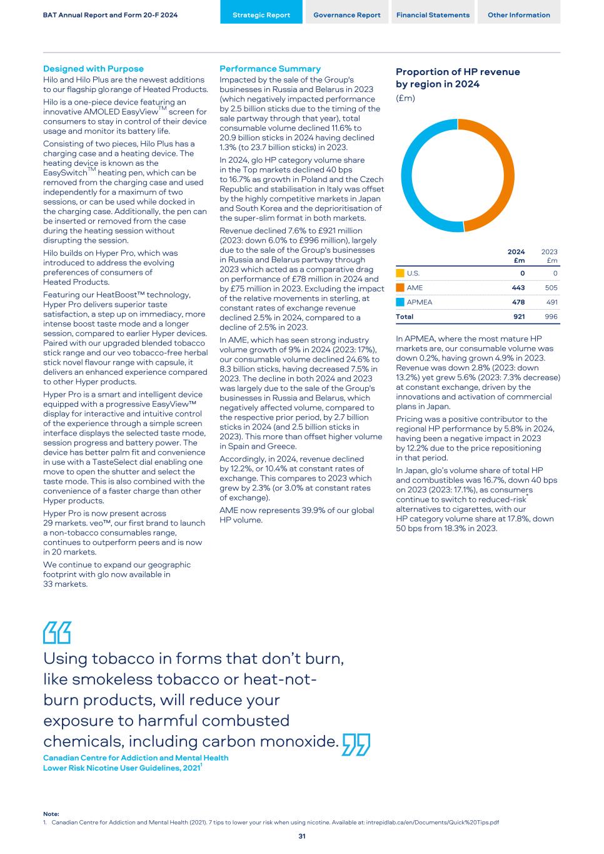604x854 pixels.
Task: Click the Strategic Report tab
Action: click(x=261, y=15)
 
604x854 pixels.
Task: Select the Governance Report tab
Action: click(x=346, y=15)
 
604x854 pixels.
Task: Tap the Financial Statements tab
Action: click(x=433, y=15)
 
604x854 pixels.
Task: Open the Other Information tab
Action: click(x=518, y=15)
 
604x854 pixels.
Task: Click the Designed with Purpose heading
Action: click(x=93, y=69)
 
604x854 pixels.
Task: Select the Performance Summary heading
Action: click(x=270, y=69)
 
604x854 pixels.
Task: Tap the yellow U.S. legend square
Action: click(x=400, y=273)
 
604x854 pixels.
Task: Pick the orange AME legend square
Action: click(x=400, y=288)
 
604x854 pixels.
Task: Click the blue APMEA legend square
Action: click(x=400, y=302)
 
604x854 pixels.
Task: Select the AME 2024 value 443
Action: click(x=518, y=288)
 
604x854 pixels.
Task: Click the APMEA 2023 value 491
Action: click(x=551, y=302)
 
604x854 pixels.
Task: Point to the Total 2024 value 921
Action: click(x=519, y=317)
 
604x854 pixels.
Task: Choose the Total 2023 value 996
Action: click(x=551, y=317)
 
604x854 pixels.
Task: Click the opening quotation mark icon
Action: click(x=57, y=633)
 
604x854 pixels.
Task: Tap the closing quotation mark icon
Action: click(x=356, y=745)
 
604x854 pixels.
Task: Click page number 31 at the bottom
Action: click(x=302, y=836)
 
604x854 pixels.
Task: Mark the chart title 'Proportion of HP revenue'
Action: click(x=458, y=72)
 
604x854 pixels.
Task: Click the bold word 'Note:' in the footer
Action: click(x=51, y=813)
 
